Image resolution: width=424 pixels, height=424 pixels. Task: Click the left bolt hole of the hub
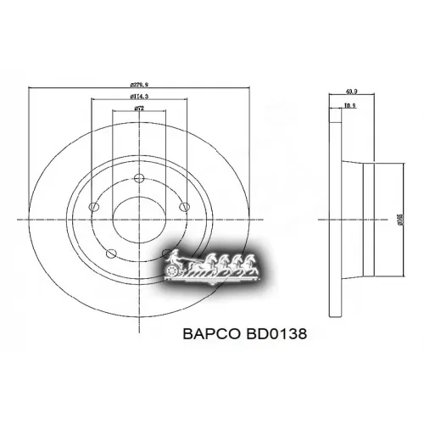click(x=94, y=206)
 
